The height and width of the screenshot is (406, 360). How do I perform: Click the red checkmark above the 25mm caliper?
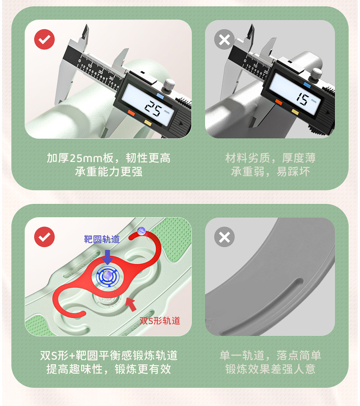(x=44, y=39)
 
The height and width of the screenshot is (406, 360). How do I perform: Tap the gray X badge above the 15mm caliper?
(x=225, y=39)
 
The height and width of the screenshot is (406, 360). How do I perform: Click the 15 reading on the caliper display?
(x=303, y=99)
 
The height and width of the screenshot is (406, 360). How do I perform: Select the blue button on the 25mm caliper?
(x=160, y=96)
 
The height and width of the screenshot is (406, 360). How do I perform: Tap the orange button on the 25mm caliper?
(x=131, y=113)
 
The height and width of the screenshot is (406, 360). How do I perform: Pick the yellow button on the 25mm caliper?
(x=148, y=123)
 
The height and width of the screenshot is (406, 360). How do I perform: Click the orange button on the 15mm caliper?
(x=278, y=102)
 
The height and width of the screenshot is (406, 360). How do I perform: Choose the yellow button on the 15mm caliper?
(x=295, y=112)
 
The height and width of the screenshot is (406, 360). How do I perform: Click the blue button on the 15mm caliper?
(x=307, y=85)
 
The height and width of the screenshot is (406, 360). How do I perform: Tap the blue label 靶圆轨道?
(x=102, y=239)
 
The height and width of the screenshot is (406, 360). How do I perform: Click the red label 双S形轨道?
(x=159, y=320)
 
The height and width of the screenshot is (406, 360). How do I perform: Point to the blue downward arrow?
(x=107, y=257)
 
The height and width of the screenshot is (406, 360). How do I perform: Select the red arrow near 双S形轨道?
(x=131, y=304)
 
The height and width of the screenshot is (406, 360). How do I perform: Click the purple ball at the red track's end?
(x=141, y=231)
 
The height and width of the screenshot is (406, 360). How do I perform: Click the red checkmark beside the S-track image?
(x=44, y=237)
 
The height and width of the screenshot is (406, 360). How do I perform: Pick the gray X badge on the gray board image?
(x=225, y=237)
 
